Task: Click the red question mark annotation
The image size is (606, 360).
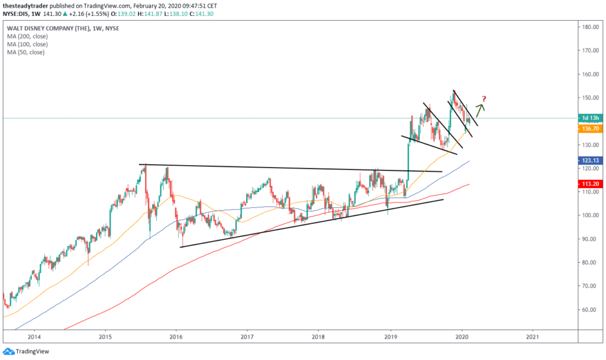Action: [484, 98]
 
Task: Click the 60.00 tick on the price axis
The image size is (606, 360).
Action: [589, 310]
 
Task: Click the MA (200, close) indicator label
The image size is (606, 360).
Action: [27, 36]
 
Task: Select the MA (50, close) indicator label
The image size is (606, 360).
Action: [25, 52]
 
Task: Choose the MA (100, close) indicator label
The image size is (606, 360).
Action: [27, 44]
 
